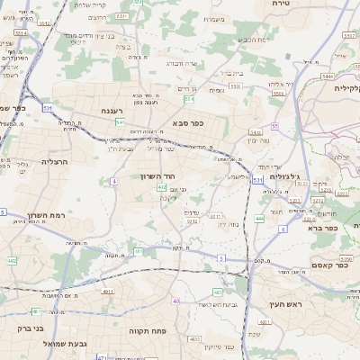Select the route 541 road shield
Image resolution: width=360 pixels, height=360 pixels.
tap(120, 121)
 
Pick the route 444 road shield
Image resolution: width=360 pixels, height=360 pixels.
tap(259, 218)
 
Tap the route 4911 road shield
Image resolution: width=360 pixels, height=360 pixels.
tap(107, 292)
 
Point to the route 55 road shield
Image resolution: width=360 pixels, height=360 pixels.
tap(274, 126)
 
